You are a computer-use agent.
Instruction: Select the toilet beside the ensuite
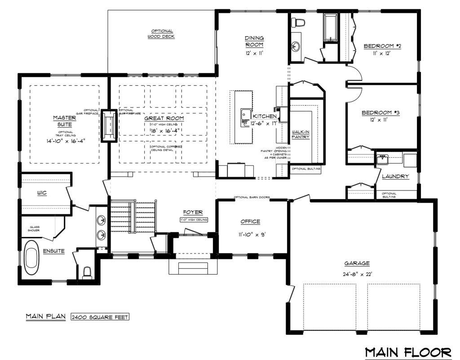(x=88, y=272)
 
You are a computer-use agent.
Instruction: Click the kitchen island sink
(x=245, y=115)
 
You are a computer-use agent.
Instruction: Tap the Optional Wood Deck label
(x=161, y=34)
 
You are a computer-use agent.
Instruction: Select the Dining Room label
(x=254, y=41)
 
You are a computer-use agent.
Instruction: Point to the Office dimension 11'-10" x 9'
(x=250, y=233)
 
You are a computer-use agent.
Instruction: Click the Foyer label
(x=193, y=212)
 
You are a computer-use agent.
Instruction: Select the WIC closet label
(x=44, y=193)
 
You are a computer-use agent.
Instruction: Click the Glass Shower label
(x=35, y=229)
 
